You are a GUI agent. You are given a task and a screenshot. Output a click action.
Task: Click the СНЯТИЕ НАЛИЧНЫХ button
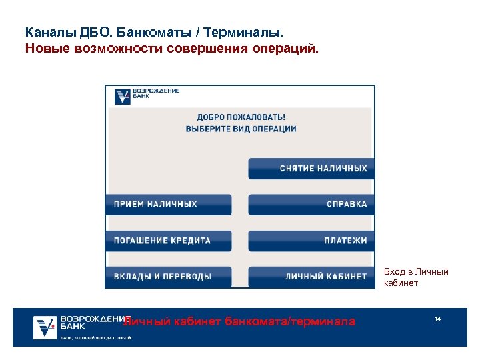click(x=311, y=169)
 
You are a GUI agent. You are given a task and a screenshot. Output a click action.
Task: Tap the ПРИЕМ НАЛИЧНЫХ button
click(x=168, y=204)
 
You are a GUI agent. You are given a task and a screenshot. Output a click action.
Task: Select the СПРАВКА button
click(x=311, y=204)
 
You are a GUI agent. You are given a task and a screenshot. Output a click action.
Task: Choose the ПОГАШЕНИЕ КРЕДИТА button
click(x=168, y=241)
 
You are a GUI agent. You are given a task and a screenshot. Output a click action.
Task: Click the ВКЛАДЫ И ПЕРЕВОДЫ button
click(x=168, y=277)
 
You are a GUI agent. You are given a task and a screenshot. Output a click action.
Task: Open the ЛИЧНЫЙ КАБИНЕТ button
click(x=311, y=277)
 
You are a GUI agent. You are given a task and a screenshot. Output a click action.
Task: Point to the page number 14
click(x=437, y=319)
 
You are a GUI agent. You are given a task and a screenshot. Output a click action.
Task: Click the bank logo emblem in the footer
click(x=45, y=326)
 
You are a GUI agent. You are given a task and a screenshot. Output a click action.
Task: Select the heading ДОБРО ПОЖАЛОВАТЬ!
click(x=241, y=117)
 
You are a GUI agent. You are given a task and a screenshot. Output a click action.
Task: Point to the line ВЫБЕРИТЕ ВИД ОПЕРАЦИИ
click(x=241, y=129)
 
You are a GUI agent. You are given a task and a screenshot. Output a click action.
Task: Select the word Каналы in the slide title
click(x=45, y=32)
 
